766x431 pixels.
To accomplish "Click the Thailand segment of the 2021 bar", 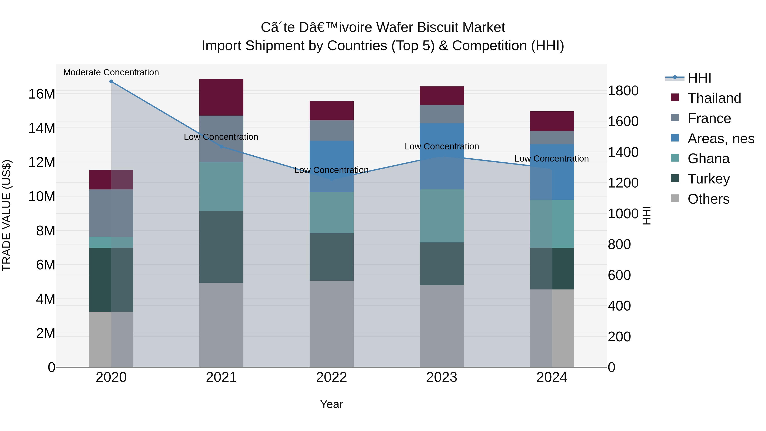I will tap(221, 97).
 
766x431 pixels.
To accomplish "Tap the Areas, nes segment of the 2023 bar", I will tap(442, 156).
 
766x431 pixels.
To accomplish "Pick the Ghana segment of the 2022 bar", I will tap(332, 213).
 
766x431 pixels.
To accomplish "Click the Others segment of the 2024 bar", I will tap(552, 328).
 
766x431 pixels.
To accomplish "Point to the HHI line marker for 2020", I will tap(111, 82).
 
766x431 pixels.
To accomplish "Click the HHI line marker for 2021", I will tap(221, 147).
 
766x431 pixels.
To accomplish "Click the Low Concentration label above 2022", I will tap(331, 170).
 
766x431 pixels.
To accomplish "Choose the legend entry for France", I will tap(709, 118).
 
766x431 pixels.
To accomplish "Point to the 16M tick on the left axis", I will tap(42, 94).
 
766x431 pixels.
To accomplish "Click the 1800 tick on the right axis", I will tap(623, 91).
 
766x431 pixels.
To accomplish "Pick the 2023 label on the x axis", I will tap(442, 377).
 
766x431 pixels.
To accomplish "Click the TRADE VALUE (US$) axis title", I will tap(7, 215).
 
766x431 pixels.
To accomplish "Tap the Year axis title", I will tap(331, 404).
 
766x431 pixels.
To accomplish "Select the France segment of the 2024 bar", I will tap(552, 138).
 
